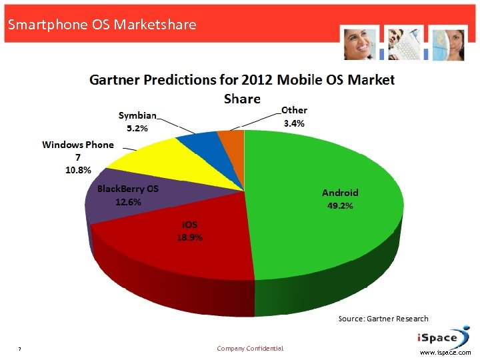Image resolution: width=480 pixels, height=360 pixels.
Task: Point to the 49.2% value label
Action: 340,206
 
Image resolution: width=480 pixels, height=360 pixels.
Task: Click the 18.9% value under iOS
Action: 189,237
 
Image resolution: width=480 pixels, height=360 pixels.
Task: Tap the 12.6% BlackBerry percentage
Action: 128,203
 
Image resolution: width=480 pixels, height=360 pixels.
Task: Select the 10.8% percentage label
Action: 78,170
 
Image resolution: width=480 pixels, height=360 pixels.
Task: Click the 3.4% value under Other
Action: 294,123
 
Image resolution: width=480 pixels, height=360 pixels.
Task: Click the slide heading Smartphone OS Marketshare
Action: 101,25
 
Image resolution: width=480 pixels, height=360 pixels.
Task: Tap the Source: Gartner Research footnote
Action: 383,319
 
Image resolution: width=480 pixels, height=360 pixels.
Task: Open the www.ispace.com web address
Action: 445,353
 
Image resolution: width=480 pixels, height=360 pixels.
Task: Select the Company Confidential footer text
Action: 250,349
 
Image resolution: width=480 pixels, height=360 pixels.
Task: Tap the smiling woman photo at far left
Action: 360,43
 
